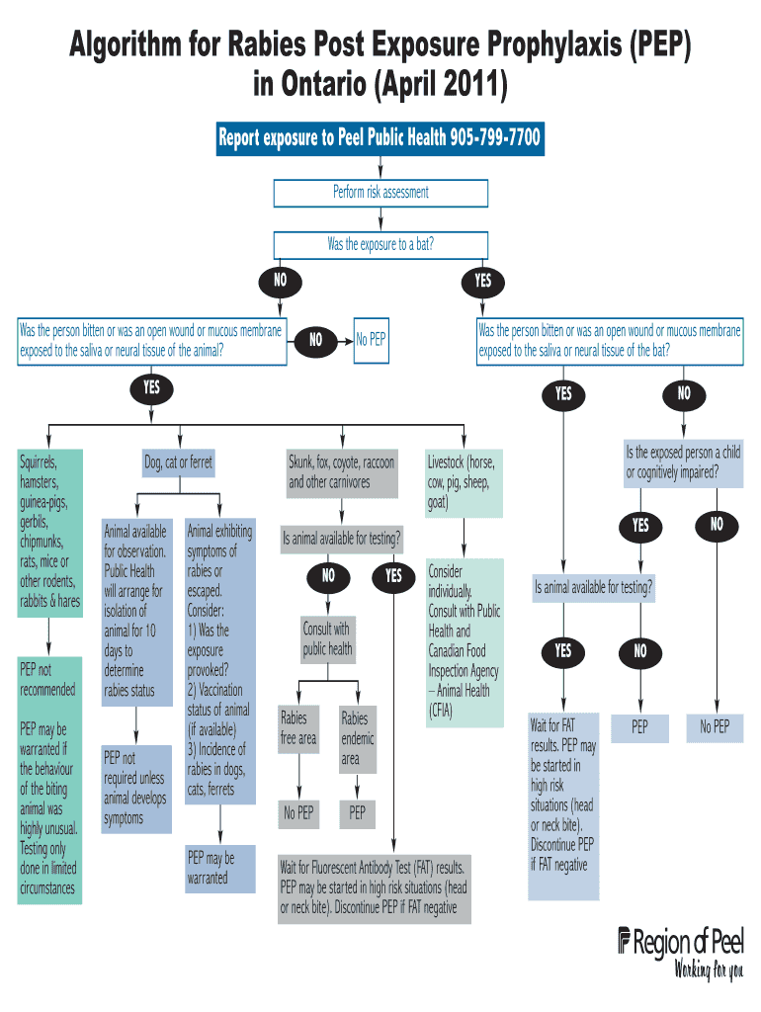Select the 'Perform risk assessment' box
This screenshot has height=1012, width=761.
tap(380, 192)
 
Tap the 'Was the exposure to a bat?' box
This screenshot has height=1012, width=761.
tap(380, 244)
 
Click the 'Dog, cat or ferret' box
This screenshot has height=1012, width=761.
tap(178, 463)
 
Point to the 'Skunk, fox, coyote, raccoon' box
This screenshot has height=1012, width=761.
tap(342, 472)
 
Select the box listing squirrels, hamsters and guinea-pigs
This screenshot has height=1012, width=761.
tap(49, 532)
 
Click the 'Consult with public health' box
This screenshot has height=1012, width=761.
tap(326, 639)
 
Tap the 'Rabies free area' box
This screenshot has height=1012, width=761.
tap(299, 728)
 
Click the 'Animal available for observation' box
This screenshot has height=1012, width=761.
tap(135, 611)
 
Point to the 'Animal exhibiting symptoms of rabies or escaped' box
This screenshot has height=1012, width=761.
tap(219, 660)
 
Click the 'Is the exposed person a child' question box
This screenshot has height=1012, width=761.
tap(683, 463)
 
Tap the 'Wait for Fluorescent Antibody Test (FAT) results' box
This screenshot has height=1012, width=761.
tap(374, 887)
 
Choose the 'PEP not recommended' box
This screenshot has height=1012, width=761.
tap(48, 680)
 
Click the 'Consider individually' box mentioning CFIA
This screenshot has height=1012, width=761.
tap(464, 640)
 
